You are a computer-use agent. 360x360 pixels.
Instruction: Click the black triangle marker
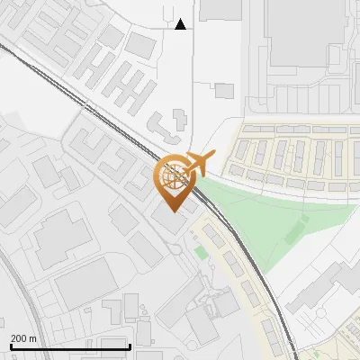coord(181,24)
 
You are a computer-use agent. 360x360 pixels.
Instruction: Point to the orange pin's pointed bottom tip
coord(174,212)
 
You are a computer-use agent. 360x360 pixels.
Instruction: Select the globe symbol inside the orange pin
coord(174,176)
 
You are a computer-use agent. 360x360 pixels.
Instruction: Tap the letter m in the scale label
coord(33,338)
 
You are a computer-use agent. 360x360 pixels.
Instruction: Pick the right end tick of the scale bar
coord(130,345)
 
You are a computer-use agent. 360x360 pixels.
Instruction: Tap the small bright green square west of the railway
coord(200,253)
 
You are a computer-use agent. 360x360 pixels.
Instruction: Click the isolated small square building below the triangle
coord(224,90)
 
